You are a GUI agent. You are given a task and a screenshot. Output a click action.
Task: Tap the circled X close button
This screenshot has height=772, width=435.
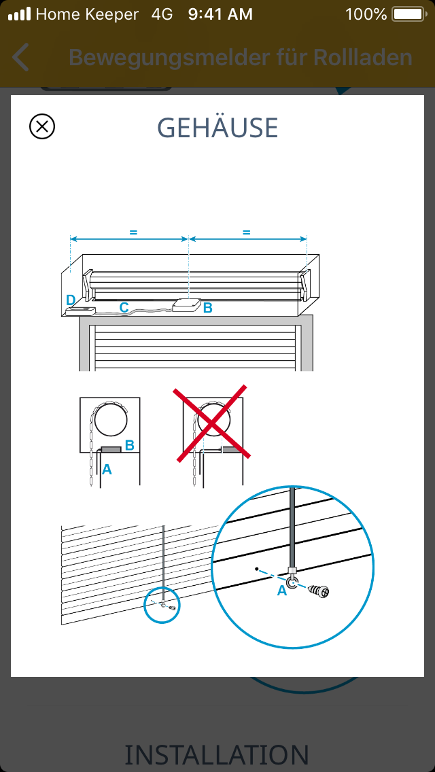[x=42, y=126]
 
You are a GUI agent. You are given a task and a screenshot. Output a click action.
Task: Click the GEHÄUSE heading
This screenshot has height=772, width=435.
[x=217, y=128]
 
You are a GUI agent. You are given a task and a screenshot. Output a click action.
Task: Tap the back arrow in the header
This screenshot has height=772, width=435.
[x=20, y=57]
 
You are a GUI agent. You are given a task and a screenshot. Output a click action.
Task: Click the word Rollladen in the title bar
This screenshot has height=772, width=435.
[x=362, y=57]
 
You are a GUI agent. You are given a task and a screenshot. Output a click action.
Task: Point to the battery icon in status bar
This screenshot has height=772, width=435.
[x=408, y=14]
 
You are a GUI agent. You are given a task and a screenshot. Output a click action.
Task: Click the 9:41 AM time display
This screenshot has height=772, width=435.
[x=220, y=14]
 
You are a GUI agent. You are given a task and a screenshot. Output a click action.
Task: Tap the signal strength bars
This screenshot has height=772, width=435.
[x=19, y=14]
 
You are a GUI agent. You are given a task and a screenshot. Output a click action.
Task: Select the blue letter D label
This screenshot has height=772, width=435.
[x=71, y=300]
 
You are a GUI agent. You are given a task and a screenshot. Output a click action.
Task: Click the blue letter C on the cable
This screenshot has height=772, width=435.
[x=124, y=307]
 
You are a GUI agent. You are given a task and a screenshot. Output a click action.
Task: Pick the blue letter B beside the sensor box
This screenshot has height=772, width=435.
[x=208, y=308]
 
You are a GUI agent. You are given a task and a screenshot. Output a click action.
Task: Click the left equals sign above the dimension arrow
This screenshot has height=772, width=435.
[x=133, y=232]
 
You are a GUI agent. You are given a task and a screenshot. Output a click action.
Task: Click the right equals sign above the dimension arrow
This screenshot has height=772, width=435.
[x=247, y=232]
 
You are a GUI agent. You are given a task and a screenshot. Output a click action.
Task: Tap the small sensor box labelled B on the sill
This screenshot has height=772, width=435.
[x=186, y=305]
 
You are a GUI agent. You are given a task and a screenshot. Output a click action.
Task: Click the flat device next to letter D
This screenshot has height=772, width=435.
[x=80, y=311]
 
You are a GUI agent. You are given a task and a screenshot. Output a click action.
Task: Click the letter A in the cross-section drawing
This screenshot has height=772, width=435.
[x=107, y=470]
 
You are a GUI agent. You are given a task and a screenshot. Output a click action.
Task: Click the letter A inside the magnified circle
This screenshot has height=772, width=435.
[x=282, y=591]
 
